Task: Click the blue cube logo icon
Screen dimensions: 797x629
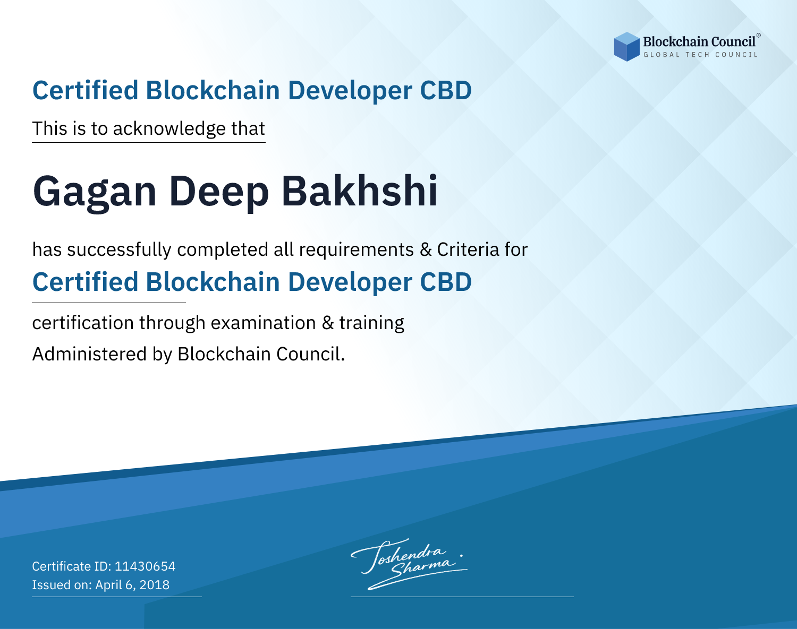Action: coord(626,47)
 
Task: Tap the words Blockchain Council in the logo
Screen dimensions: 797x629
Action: coord(699,42)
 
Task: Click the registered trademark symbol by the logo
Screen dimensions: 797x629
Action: coord(759,36)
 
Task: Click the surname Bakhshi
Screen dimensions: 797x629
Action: coord(360,191)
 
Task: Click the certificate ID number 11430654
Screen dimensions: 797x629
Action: coord(145,566)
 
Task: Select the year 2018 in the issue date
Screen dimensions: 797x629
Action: coord(155,584)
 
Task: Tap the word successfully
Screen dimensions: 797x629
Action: coord(119,250)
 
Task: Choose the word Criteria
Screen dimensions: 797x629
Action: coord(468,249)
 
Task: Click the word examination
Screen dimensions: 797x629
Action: coord(264,323)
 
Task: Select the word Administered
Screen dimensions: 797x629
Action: coord(90,354)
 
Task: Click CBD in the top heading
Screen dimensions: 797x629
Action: coord(446,90)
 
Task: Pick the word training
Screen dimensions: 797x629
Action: coord(372,323)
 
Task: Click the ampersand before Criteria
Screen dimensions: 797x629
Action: coord(426,249)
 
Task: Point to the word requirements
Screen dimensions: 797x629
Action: coord(357,251)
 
